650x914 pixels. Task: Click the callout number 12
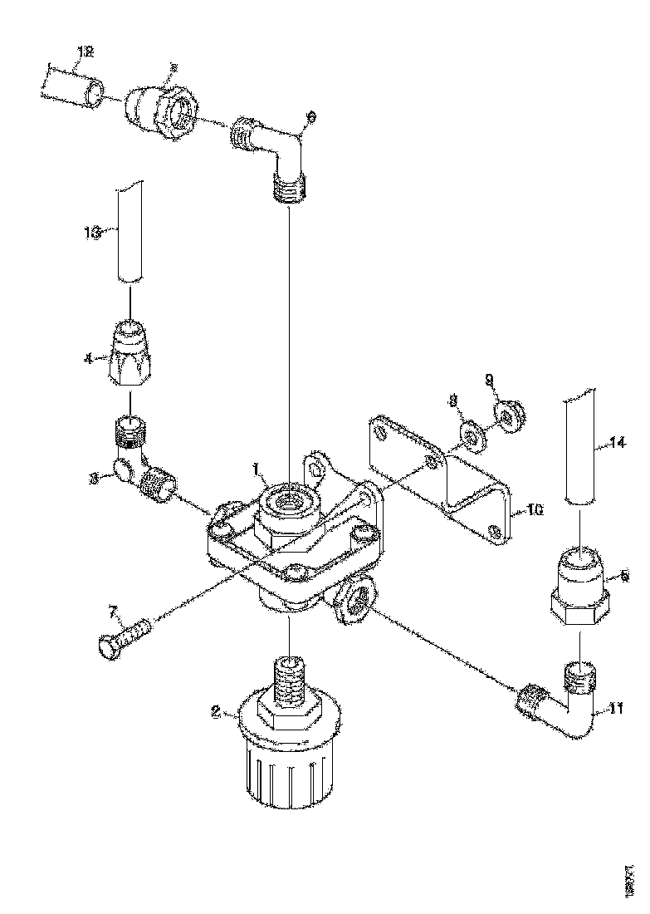click(85, 52)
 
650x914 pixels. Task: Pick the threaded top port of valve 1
click(290, 499)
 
